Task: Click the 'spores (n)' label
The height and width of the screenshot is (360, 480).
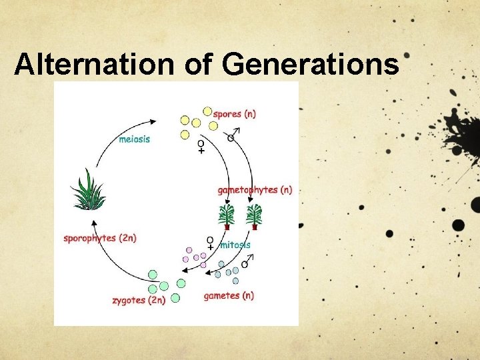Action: point(234,114)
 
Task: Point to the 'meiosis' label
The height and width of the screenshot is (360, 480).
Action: point(134,139)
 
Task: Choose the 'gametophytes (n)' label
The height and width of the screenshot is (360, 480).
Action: point(255,190)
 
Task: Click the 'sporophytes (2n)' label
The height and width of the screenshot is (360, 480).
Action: point(100,238)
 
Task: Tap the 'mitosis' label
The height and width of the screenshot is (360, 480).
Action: point(235,245)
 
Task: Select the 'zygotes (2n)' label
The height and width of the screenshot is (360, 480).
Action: point(139,300)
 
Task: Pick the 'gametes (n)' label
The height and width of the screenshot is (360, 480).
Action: point(229,295)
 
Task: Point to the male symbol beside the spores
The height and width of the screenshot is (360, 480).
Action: point(232,137)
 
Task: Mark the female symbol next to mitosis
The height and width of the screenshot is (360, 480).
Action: point(210,243)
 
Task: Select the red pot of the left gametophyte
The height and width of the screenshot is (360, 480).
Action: point(227,227)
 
